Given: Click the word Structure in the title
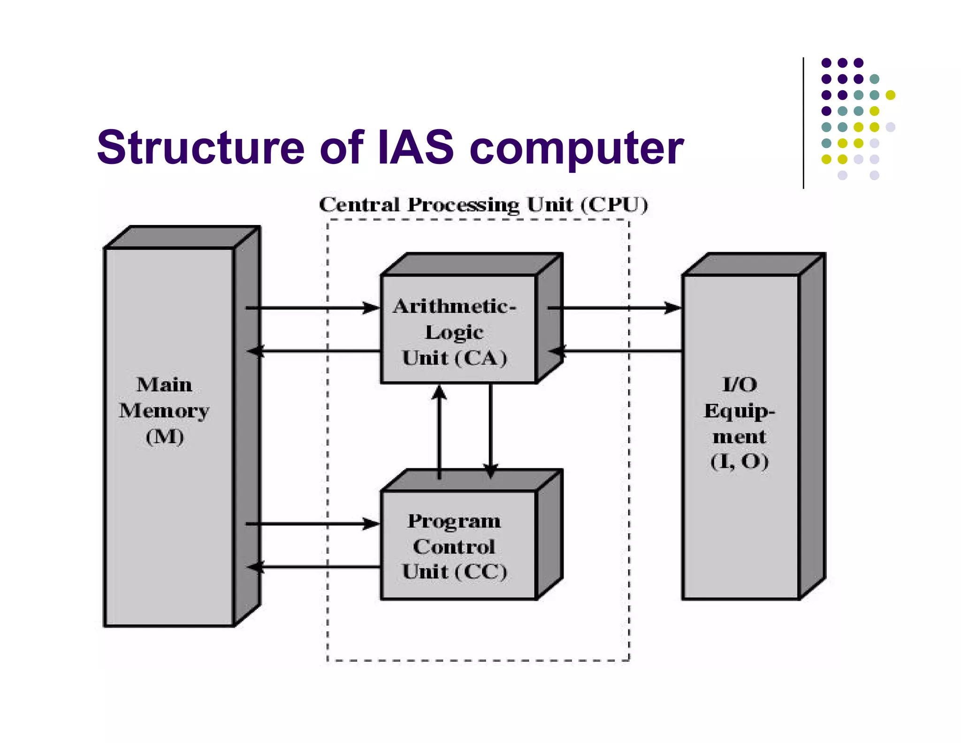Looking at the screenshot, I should (200, 147).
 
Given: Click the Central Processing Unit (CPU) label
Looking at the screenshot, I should (483, 205).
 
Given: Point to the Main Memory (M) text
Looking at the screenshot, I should (164, 410).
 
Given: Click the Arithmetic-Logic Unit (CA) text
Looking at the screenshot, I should (454, 332).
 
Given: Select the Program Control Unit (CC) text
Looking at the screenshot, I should (454, 546).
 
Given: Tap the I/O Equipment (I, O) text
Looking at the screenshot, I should (740, 423).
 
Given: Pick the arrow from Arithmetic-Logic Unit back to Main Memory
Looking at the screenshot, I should (314, 351).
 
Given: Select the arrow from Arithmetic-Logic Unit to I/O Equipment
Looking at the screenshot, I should (615, 308).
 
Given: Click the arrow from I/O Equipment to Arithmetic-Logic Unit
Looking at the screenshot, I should (619, 351).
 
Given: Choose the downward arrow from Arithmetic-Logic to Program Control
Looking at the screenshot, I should (490, 427).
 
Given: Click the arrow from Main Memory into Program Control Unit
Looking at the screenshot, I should (314, 524).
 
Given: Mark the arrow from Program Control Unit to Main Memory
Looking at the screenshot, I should (314, 567).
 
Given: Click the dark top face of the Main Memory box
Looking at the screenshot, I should (183, 237).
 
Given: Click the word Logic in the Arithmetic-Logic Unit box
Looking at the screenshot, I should (454, 332).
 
